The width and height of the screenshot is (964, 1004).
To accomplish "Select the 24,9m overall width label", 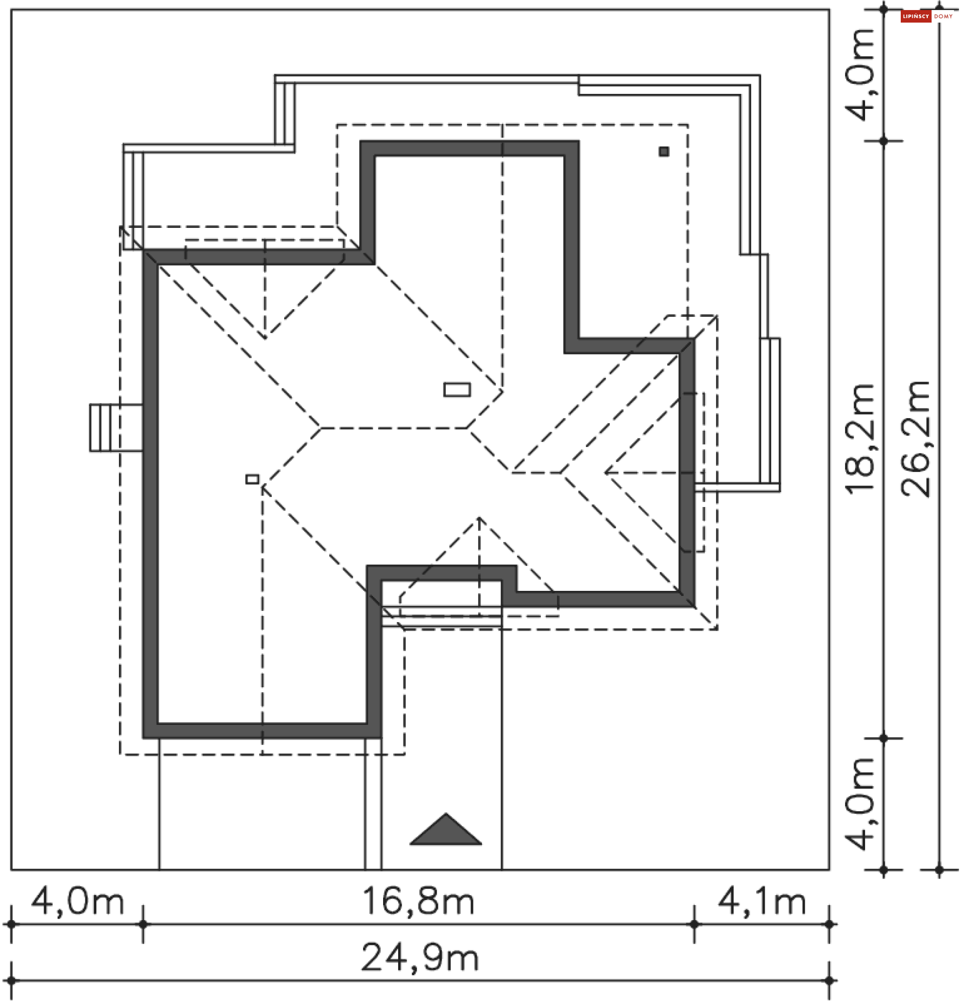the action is click(420, 958).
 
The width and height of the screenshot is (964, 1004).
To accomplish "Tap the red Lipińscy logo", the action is click(916, 17).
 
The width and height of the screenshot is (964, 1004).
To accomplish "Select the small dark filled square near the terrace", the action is click(664, 152).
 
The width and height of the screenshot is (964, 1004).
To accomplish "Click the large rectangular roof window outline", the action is click(457, 390).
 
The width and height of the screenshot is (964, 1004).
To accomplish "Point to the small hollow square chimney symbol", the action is click(252, 479).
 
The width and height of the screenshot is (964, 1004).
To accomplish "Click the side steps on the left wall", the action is click(116, 428).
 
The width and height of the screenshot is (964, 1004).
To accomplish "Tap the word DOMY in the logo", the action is click(943, 17).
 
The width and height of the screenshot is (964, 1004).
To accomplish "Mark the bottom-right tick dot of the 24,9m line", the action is click(829, 981).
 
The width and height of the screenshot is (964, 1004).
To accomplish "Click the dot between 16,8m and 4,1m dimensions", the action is click(694, 925).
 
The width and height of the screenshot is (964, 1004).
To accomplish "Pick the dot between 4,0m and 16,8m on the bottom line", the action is click(143, 925).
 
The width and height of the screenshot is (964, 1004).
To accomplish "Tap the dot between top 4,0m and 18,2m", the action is click(884, 141).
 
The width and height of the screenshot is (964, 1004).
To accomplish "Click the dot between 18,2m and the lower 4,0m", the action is click(884, 738).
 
